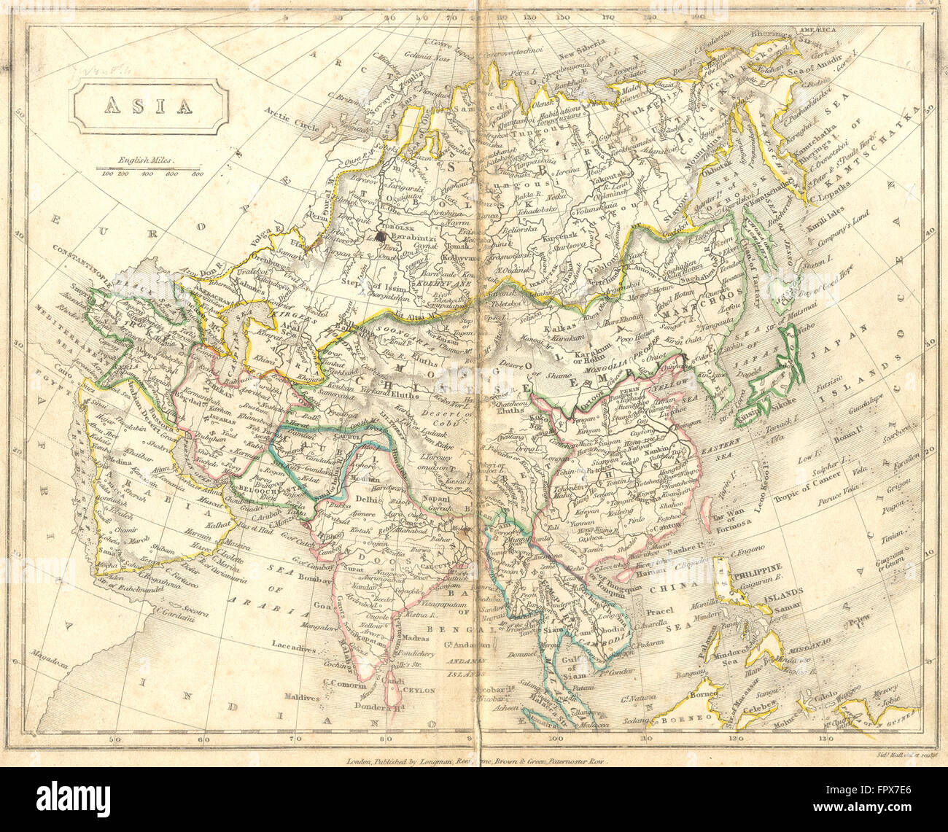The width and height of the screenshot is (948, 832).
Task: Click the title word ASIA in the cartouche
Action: [149, 106]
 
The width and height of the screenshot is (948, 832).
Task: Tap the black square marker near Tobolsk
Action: [381, 236]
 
